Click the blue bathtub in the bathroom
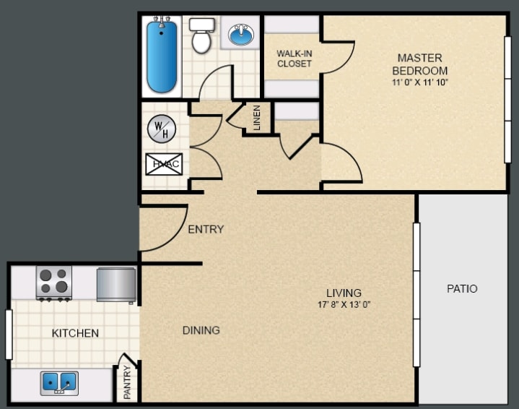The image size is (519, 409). point(162,56)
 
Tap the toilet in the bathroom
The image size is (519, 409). point(201,36)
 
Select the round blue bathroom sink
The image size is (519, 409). point(240,34)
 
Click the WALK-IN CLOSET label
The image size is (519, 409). point(294,59)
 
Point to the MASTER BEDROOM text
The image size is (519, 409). point(419,64)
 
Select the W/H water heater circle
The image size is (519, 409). point(161,130)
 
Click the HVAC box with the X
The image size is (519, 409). point(163,164)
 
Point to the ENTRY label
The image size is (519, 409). point(206,229)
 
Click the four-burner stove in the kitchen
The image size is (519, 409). point(54,283)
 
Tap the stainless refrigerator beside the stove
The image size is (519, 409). point(116,284)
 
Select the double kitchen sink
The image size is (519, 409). point(59,382)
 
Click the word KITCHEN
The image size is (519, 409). point(75,333)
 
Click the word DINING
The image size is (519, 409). point(201,330)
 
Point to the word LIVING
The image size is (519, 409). point(344,293)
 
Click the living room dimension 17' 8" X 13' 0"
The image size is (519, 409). point(344,304)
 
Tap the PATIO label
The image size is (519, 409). point(462,288)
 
